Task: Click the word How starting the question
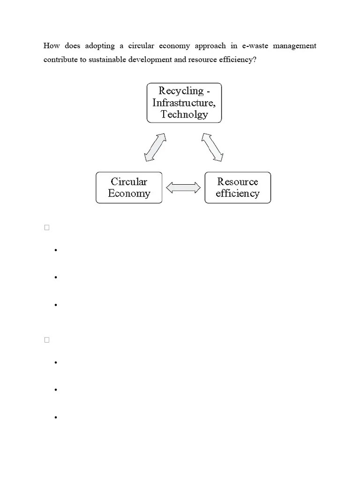[52, 46]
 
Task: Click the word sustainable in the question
[109, 60]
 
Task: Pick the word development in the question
[150, 60]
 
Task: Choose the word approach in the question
[210, 46]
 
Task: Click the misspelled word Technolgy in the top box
[184, 114]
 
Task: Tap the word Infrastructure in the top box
[184, 103]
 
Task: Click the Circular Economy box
[129, 187]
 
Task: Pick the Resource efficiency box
[238, 187]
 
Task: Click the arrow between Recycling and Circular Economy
[156, 147]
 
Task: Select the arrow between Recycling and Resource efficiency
[212, 147]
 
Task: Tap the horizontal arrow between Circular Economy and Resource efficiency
[183, 188]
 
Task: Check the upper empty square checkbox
[47, 228]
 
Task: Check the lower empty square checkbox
[47, 340]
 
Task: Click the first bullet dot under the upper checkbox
[55, 250]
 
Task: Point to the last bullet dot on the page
[55, 417]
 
